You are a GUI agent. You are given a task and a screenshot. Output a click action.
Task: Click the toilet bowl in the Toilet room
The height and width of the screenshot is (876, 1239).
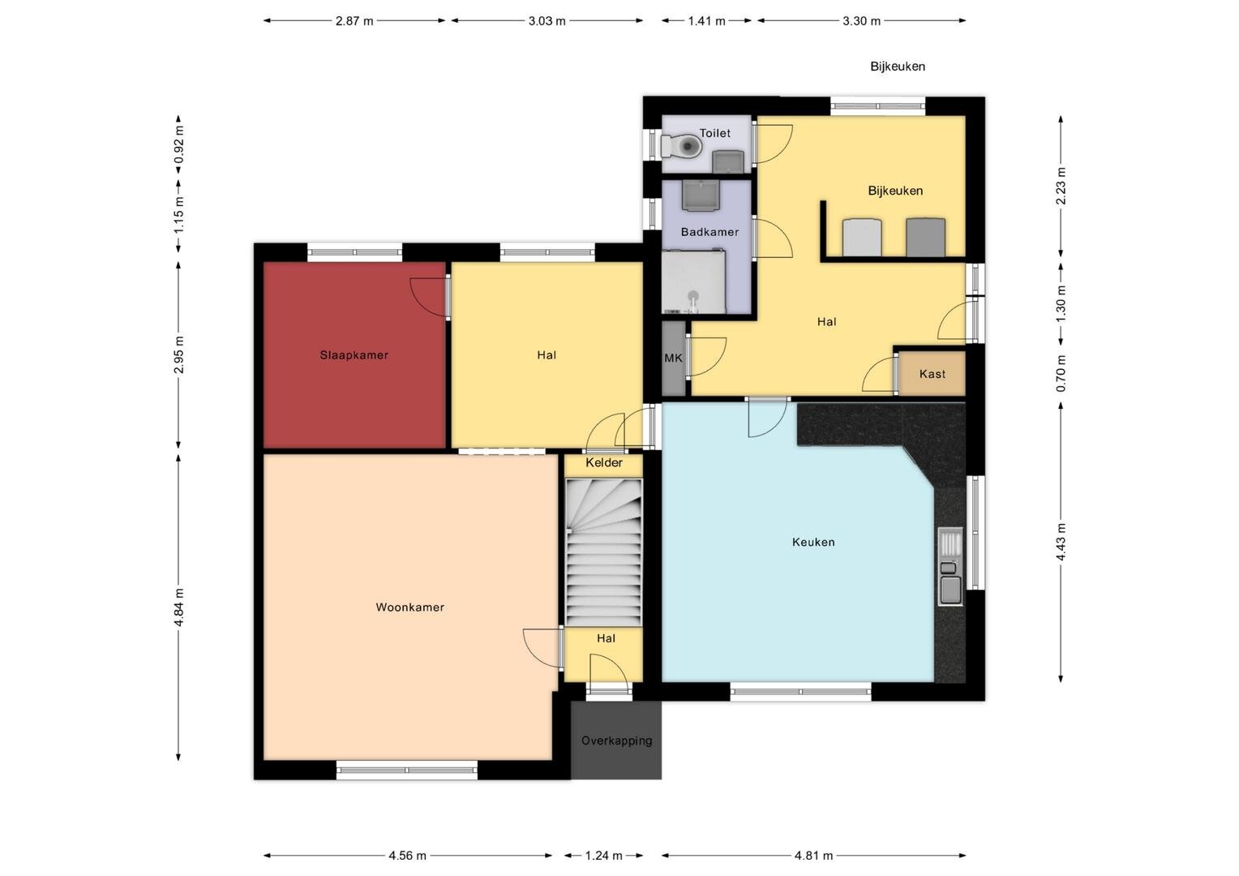683,147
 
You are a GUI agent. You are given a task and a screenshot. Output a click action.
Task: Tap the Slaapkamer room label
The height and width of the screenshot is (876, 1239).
354,355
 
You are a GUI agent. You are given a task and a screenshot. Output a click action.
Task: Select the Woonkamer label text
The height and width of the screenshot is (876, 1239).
409,607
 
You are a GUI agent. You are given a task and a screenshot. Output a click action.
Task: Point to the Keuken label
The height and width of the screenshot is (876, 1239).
813,542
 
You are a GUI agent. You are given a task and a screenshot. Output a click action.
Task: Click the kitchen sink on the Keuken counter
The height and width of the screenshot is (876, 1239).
950,566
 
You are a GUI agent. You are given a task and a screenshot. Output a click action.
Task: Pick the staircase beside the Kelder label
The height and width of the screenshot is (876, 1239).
603,553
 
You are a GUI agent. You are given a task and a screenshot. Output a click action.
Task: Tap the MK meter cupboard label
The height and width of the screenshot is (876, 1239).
673,358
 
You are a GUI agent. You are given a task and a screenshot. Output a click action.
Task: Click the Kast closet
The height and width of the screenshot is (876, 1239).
932,374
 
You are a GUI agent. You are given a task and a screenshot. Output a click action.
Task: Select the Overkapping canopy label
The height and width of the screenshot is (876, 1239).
617,741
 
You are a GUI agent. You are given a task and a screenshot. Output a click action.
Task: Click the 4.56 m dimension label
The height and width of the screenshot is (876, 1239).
408,856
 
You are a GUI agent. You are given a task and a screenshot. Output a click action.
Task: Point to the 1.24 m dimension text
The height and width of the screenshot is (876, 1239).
604,856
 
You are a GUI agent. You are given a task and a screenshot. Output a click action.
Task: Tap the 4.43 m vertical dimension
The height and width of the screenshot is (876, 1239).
1061,542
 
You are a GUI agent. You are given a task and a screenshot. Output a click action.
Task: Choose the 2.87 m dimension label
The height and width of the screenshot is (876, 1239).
354,21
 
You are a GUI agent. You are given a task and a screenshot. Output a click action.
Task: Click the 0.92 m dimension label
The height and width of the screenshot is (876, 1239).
178,145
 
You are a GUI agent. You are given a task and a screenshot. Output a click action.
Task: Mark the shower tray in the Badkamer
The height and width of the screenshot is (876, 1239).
693,281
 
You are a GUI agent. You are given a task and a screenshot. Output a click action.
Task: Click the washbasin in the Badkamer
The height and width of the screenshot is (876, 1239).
701,195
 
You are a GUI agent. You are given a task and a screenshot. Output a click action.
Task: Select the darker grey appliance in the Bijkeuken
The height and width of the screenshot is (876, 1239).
925,238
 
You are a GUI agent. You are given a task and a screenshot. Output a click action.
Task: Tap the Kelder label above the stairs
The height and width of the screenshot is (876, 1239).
604,462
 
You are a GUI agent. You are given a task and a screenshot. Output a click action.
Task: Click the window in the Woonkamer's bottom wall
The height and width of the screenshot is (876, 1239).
407,770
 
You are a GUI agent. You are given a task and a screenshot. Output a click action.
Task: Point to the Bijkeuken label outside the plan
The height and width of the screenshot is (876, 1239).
898,67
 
